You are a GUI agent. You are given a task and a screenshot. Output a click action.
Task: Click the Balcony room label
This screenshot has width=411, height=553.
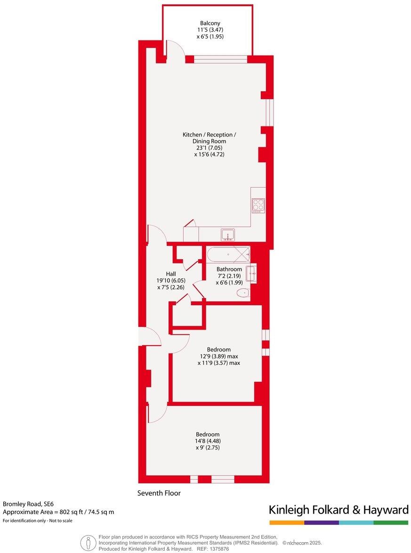coord(210,23)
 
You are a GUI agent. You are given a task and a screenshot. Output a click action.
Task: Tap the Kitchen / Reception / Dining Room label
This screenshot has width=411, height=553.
coord(210,135)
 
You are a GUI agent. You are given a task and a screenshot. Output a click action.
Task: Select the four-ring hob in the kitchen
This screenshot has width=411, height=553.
coord(258,205)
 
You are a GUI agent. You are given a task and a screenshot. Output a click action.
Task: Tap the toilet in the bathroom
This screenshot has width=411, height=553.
coord(243,293)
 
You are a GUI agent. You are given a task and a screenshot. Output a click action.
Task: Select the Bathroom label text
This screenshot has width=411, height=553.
coord(229,269)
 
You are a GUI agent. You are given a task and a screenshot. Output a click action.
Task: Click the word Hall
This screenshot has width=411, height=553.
coord(171,274)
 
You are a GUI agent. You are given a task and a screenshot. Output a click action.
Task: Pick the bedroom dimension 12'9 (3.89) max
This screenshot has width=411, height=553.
coord(219,356)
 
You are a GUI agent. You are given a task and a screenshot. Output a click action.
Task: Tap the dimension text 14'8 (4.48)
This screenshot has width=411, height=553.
coord(208,441)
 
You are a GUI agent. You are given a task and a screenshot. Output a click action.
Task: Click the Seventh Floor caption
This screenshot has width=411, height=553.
coord(159,493)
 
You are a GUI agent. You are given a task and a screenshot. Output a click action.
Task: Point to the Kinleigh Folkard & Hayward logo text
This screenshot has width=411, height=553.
coord(338,510)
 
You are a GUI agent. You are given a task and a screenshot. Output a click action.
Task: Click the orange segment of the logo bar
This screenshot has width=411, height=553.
coord(286,522)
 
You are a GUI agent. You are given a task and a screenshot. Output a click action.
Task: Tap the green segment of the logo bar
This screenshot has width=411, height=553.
coord(391,522)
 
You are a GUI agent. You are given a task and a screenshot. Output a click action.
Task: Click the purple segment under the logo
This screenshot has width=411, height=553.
coord(321,522)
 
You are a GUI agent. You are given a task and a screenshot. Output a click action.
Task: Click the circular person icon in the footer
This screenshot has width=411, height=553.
coord(87,543)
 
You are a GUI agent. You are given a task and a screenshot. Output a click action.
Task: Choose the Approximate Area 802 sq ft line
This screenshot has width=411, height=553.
coord(58,512)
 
